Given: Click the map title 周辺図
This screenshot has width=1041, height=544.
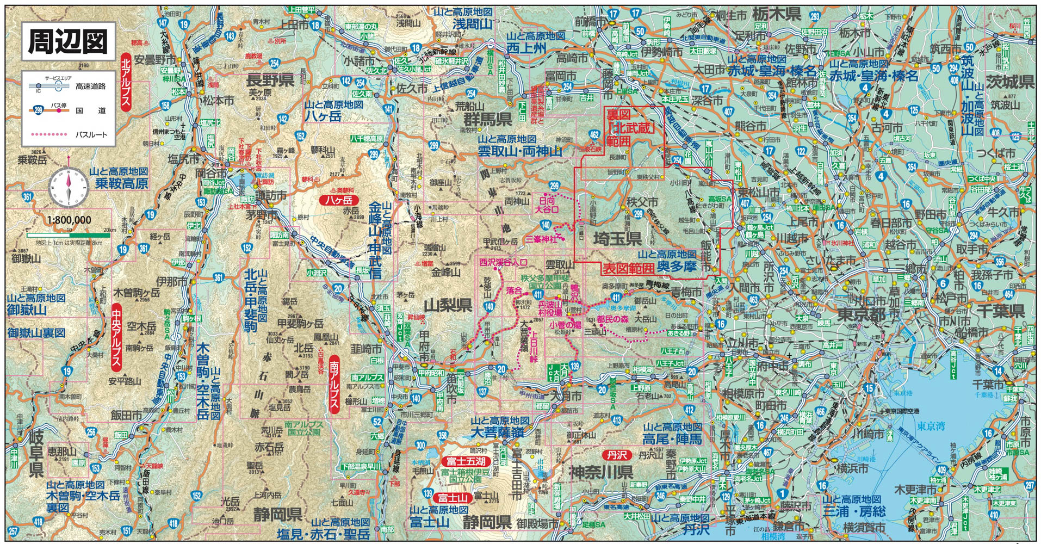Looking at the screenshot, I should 68,41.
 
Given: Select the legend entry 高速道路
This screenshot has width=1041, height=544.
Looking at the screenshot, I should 91,86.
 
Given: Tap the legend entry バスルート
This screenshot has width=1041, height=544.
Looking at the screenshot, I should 91,134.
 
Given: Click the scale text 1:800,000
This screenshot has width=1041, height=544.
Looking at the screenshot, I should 69,220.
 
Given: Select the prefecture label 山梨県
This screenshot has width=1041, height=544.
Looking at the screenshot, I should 448,305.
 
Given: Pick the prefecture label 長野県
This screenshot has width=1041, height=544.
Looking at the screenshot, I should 270,80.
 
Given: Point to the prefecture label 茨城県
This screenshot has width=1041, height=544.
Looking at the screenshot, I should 1009,82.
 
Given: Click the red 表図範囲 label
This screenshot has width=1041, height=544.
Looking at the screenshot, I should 628,268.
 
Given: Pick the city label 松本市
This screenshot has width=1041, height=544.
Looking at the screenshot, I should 218,101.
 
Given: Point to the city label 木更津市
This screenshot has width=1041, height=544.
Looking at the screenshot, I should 915,490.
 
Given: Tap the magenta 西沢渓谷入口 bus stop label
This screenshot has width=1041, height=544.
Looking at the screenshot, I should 503,262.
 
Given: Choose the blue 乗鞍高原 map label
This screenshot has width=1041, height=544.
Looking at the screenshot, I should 121,183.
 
